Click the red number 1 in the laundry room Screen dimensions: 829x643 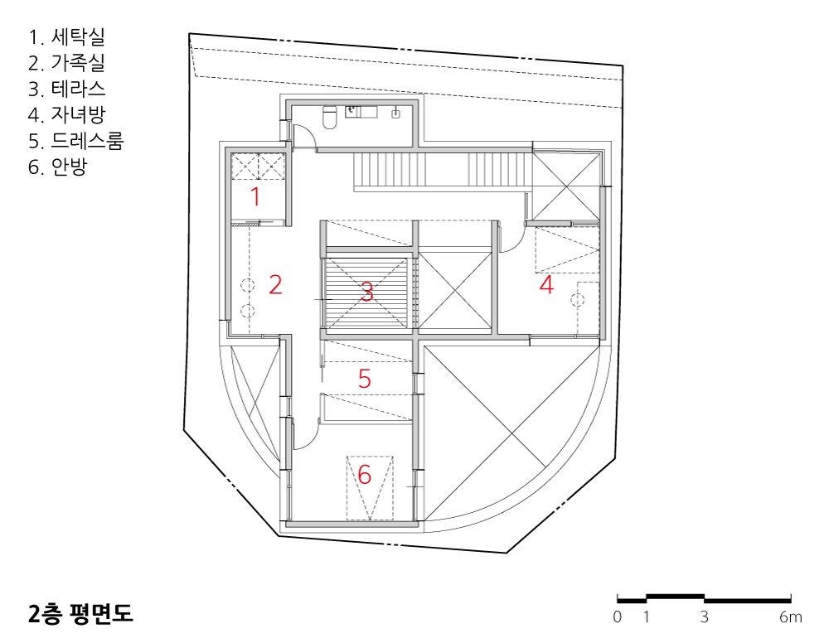click(x=255, y=197)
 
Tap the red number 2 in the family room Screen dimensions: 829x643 click(x=276, y=286)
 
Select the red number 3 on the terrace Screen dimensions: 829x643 click(x=366, y=292)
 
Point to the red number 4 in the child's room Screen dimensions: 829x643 click(x=546, y=286)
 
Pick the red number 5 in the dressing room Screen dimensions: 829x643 click(x=365, y=379)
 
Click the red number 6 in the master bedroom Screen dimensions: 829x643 click(x=365, y=475)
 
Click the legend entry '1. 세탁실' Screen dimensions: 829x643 click(x=67, y=37)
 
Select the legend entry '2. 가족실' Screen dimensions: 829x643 click(x=67, y=63)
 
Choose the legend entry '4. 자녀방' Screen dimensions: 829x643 click(x=67, y=114)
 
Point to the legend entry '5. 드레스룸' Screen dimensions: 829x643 click(x=76, y=141)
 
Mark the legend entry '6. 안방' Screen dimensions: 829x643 click(x=57, y=167)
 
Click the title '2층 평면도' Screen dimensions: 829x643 click(x=80, y=615)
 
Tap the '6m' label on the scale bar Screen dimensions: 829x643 click(x=791, y=617)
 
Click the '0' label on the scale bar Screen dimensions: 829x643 click(x=618, y=617)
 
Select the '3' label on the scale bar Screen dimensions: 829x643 click(x=705, y=617)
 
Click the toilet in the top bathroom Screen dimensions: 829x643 click(x=328, y=118)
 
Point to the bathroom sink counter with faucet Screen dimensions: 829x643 click(x=361, y=111)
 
